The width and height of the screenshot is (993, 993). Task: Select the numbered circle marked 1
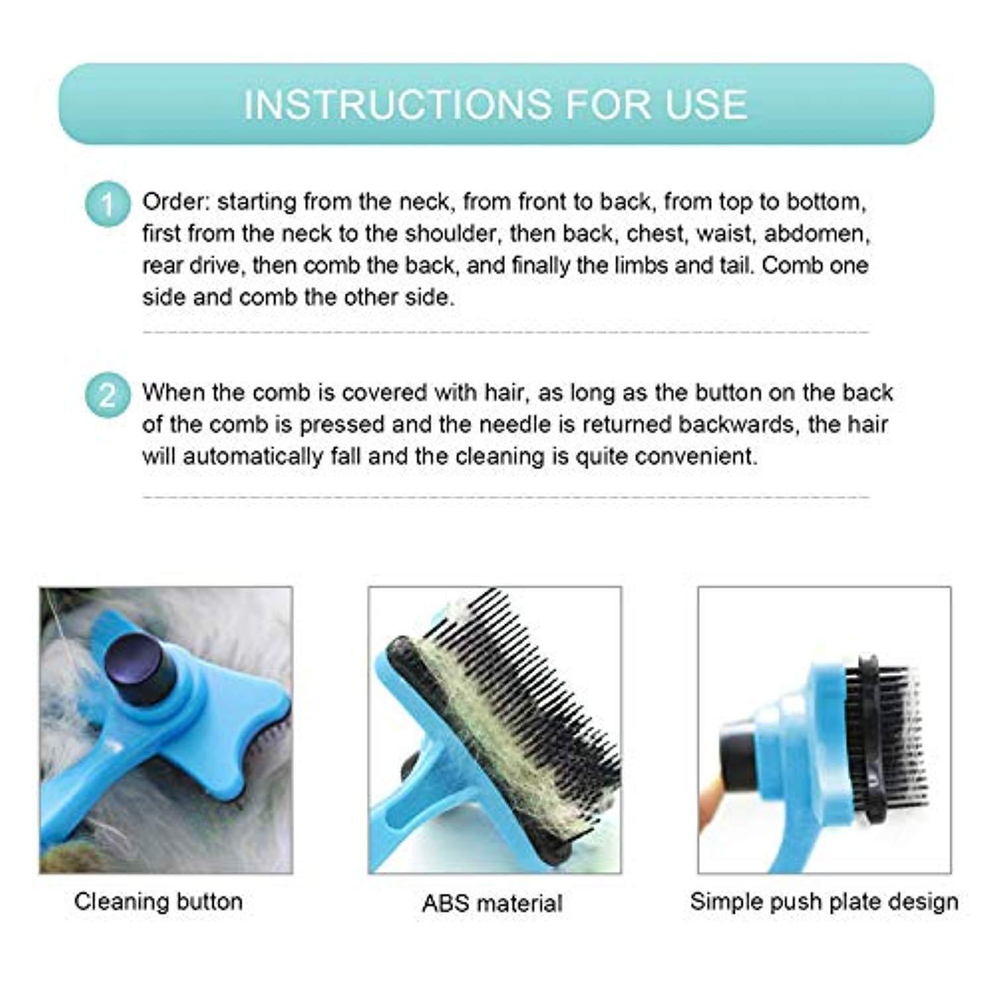(107, 205)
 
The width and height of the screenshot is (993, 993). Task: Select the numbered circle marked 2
(107, 396)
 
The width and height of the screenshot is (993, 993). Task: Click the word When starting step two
(173, 393)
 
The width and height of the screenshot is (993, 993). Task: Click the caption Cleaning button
(158, 902)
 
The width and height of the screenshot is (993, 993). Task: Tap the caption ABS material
(493, 903)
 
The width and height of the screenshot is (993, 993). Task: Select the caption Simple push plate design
(824, 902)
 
